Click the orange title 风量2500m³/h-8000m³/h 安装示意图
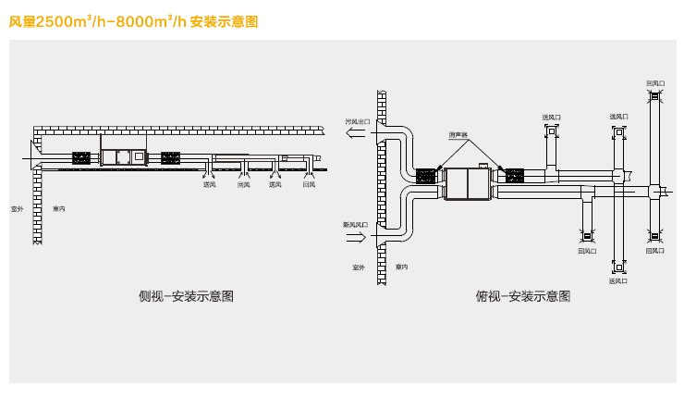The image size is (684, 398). [133, 19]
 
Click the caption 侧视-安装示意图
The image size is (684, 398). [185, 296]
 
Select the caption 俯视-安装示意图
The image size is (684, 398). [522, 296]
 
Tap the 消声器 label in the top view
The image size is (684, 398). [458, 134]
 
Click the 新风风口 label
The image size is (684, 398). [355, 225]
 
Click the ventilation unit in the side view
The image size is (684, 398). [123, 157]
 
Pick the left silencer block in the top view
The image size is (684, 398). [426, 176]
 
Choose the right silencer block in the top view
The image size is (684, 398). [513, 175]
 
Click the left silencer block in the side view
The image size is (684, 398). [81, 157]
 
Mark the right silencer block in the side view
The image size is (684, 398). [171, 157]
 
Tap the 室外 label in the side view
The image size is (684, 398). [17, 208]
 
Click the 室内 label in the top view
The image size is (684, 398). [401, 267]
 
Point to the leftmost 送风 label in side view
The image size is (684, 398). [209, 184]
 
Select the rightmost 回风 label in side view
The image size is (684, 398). [309, 184]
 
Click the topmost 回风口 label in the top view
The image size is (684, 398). [654, 83]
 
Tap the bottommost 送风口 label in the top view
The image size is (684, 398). [618, 280]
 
